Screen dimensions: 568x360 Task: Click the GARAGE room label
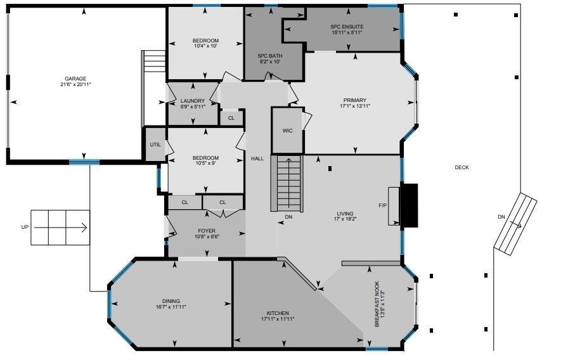coord(75,79)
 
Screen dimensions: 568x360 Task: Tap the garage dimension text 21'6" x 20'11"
coord(75,84)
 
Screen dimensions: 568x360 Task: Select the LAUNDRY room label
coord(193,101)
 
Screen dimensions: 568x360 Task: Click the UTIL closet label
coord(155,145)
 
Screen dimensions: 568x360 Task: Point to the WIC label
coord(288,131)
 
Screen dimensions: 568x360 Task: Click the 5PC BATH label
coord(270,56)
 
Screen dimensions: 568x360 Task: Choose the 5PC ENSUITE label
coord(347,27)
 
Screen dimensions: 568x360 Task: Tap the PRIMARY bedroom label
coord(355,100)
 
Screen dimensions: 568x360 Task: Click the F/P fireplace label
coord(382,205)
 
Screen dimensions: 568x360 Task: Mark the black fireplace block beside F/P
coord(409,205)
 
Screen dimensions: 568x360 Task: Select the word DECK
coord(462,167)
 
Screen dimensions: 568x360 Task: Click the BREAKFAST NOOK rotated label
coord(377,304)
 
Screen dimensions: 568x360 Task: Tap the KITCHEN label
coord(278,313)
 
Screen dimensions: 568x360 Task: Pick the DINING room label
coord(171,301)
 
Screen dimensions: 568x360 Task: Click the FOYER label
coord(207,231)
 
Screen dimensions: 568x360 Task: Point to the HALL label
coord(257,158)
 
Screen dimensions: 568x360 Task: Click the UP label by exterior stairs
coord(25,227)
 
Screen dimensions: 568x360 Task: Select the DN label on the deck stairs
coord(501,217)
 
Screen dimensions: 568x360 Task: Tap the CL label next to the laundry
coord(231,118)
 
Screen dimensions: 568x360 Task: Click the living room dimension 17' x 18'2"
coord(345,219)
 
